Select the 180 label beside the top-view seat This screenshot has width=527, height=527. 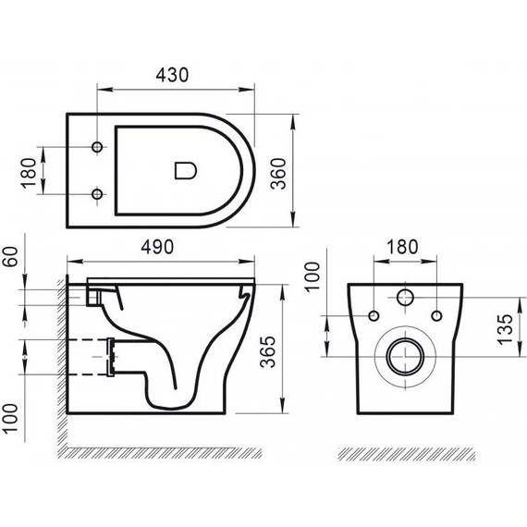coord(28,171)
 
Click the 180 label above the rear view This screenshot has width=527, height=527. coord(403,247)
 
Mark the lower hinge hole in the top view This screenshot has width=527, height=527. coord(97,194)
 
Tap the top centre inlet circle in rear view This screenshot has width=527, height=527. coord(404,299)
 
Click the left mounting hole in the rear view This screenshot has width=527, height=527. coord(374,316)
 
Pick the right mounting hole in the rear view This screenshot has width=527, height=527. coord(435,316)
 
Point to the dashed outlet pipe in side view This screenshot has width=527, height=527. coord(92,356)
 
